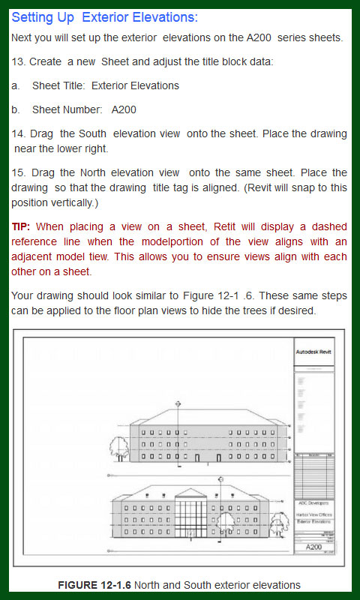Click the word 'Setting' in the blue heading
coord(37,16)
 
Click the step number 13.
coord(18,61)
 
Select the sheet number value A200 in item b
coord(124,109)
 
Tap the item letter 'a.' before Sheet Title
coord(16,85)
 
